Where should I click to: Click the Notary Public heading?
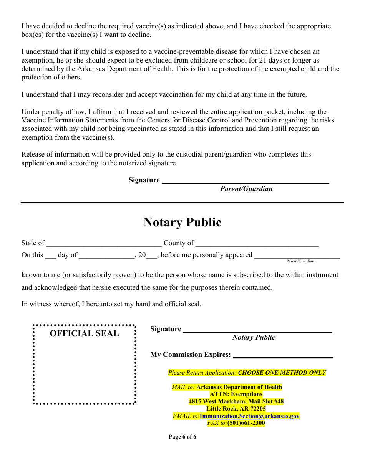(x=182, y=223)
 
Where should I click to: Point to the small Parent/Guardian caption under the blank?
(x=300, y=261)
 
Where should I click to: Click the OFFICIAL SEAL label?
(x=84, y=333)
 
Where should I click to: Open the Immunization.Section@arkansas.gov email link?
(x=249, y=416)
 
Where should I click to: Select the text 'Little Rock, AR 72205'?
(x=236, y=409)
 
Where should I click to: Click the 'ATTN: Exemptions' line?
(x=236, y=394)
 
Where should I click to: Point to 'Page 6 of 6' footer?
(x=182, y=437)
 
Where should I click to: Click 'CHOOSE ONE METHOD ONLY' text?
(x=282, y=373)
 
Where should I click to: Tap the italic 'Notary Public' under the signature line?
(x=254, y=337)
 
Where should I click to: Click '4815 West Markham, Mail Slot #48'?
(x=236, y=401)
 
